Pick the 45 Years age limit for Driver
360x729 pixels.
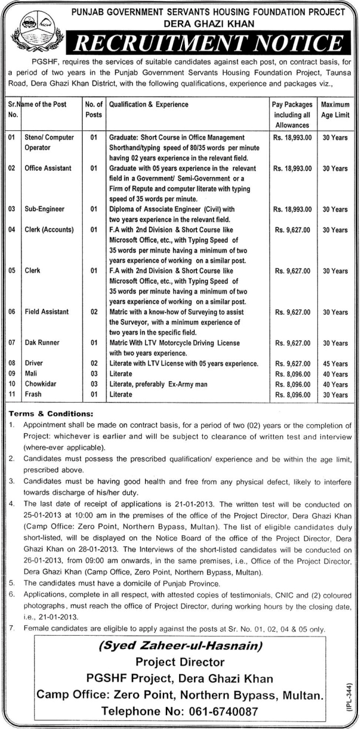click(335, 364)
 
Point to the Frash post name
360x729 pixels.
click(34, 395)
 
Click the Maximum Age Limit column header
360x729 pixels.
click(335, 110)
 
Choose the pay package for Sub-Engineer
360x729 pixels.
click(292, 209)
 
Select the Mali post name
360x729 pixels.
click(32, 374)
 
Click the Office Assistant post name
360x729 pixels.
click(48, 168)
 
